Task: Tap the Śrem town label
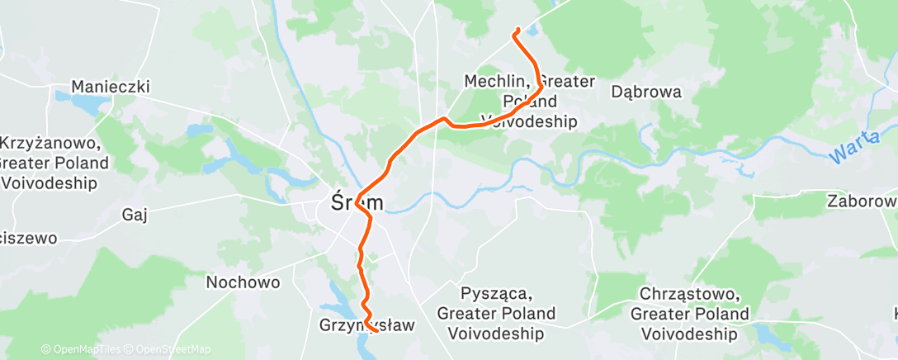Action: point(357,201)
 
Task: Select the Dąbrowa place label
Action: point(646,92)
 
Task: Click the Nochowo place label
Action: point(243,282)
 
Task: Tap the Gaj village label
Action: point(134,215)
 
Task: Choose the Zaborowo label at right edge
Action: point(863,201)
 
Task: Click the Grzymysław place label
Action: point(366,325)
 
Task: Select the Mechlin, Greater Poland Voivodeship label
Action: point(529,102)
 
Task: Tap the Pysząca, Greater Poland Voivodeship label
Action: point(496,314)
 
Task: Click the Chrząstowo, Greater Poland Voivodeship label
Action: point(690,314)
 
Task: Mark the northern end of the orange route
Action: point(518,30)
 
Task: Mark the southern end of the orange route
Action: point(376,330)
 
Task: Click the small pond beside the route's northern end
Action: point(532,31)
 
